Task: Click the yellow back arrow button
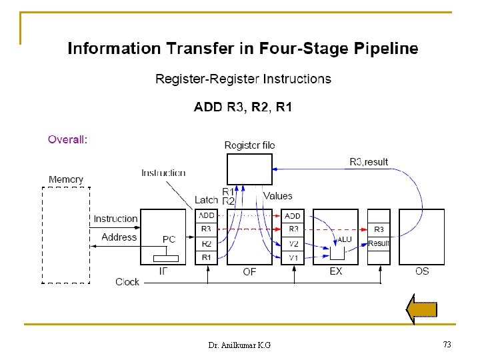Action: [x=422, y=309]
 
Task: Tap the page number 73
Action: [x=447, y=344]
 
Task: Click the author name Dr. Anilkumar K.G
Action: [x=239, y=345]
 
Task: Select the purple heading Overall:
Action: [x=67, y=139]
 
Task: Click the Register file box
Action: [x=249, y=169]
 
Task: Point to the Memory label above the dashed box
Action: [x=66, y=179]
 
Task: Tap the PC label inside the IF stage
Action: [x=169, y=239]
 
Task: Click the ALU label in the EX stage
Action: [x=345, y=239]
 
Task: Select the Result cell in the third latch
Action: [x=379, y=243]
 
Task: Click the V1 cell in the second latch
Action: [x=293, y=257]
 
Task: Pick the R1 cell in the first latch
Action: [x=207, y=257]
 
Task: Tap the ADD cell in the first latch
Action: [x=207, y=215]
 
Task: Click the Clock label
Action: [x=127, y=282]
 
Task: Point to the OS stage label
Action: [x=422, y=271]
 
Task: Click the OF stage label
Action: [x=249, y=271]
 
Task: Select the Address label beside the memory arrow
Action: [x=119, y=237]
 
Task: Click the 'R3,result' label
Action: [x=369, y=162]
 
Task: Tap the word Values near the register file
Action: [x=278, y=196]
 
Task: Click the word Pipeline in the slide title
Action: [x=385, y=49]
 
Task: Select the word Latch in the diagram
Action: [x=206, y=200]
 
